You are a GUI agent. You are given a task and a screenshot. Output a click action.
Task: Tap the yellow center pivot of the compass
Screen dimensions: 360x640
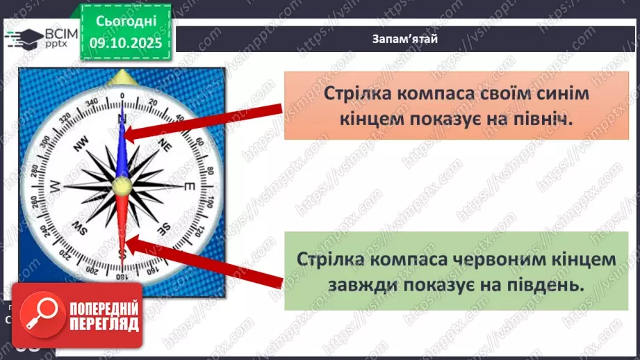(122, 186)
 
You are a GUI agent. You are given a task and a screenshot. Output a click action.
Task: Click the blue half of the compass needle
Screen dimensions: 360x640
(123, 146)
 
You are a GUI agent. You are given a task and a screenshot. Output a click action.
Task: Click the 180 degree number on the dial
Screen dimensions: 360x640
(122, 277)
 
